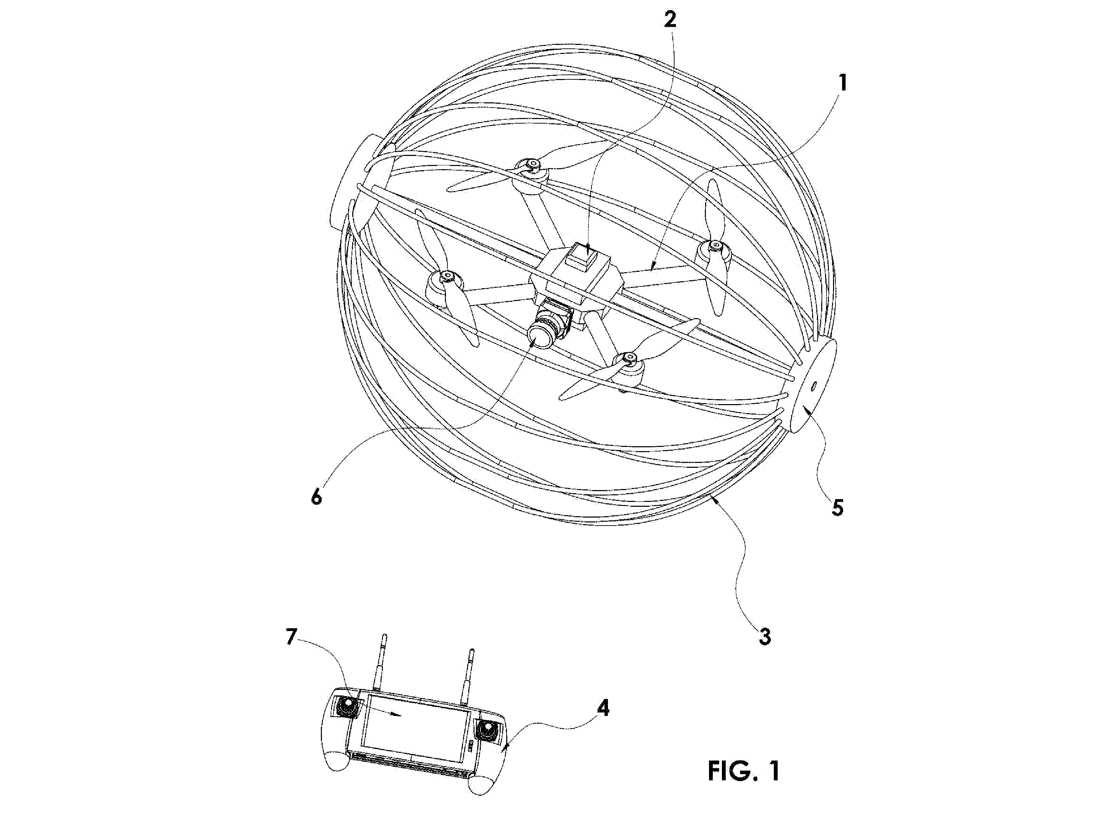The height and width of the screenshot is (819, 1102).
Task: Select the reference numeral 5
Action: (x=837, y=508)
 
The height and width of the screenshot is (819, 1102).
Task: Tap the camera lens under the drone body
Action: (x=540, y=338)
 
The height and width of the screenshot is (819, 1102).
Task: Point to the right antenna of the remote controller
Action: (x=467, y=677)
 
